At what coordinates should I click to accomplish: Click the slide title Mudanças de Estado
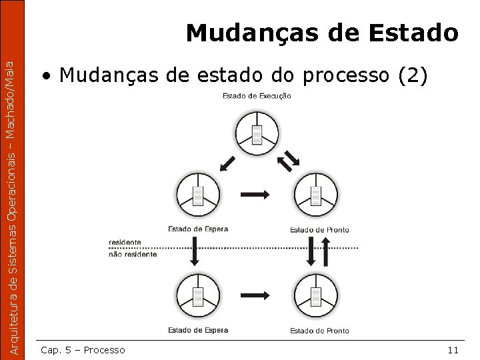click(322, 32)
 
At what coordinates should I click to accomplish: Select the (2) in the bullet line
click(411, 75)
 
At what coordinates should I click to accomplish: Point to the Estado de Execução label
click(257, 96)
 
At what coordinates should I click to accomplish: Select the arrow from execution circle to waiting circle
click(227, 162)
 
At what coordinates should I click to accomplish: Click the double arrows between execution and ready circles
click(289, 160)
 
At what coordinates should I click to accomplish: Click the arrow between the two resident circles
click(255, 194)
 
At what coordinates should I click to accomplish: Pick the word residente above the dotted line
click(125, 242)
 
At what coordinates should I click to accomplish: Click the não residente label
click(133, 254)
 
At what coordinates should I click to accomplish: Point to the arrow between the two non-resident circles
click(255, 294)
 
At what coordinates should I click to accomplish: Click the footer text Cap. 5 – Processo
click(83, 350)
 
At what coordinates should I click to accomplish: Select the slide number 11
click(453, 350)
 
